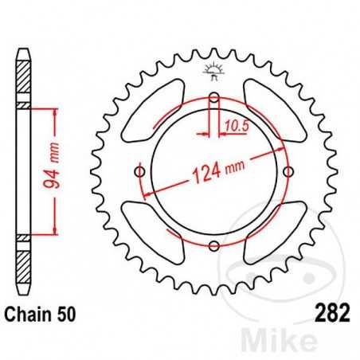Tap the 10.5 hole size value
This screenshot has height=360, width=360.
click(234, 124)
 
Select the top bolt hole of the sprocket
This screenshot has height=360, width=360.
click(213, 99)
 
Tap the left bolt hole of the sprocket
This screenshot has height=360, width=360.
click(140, 172)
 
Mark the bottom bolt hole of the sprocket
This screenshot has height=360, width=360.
click(213, 245)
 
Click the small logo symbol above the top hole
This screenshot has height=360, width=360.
click(213, 72)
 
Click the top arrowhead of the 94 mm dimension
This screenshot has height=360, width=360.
click(54, 115)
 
